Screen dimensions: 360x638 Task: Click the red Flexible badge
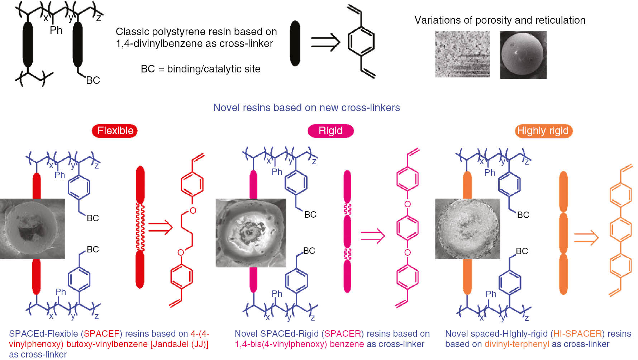[115, 131]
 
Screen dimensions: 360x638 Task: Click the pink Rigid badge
[330, 131]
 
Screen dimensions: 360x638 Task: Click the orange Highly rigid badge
[543, 131]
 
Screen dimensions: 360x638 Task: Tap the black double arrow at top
[325, 43]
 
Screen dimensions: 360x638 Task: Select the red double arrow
[161, 227]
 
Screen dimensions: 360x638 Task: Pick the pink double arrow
[373, 236]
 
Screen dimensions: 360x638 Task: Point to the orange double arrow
[586, 238]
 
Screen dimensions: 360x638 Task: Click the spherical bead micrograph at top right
[523, 55]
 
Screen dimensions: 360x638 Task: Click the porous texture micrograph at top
[462, 54]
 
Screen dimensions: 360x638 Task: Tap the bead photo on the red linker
[33, 229]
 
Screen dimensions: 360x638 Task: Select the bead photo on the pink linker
[251, 233]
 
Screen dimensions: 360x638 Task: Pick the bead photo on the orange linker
[467, 229]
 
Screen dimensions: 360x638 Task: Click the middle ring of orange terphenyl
[620, 229]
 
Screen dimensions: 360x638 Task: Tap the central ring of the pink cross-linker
[408, 228]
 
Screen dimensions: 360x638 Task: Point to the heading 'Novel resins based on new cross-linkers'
[306, 108]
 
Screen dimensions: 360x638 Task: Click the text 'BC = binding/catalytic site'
[200, 69]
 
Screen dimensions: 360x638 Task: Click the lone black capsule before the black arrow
[295, 43]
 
